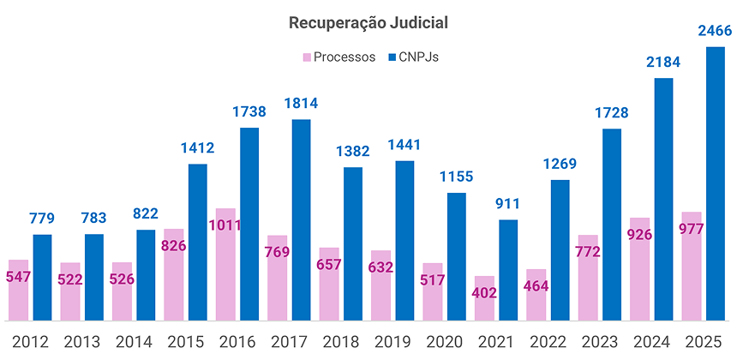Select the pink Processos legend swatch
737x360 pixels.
(305, 57)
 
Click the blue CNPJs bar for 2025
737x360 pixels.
(716, 184)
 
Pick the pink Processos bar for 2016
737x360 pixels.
(225, 265)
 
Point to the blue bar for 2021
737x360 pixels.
(508, 270)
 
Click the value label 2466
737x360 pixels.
(715, 32)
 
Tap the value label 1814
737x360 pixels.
(301, 104)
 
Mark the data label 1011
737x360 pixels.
(225, 226)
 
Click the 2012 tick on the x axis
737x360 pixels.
(30, 340)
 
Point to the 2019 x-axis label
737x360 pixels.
(393, 340)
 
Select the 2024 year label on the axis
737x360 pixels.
(652, 340)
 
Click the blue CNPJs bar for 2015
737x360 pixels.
(197, 243)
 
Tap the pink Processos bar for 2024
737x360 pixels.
(640, 270)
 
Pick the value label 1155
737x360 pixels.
(457, 177)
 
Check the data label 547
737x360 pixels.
(19, 278)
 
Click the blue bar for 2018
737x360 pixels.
(353, 244)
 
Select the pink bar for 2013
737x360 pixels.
(70, 292)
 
